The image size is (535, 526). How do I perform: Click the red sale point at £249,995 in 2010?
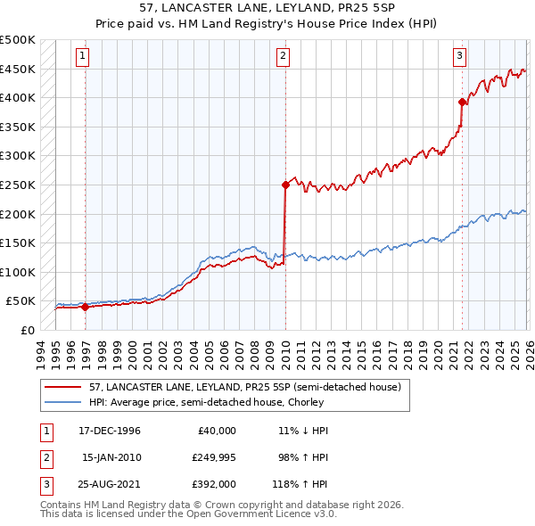pos(285,185)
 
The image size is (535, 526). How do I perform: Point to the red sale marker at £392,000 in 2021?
pos(462,102)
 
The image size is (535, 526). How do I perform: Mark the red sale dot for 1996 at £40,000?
pos(86,307)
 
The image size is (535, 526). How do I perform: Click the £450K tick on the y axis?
pos(18,69)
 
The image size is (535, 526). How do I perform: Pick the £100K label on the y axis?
pos(18,272)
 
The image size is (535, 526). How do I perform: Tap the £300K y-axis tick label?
pos(18,156)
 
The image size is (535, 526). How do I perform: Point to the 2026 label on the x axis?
pos(527,352)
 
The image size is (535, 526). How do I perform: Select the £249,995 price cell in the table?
pos(213,456)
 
